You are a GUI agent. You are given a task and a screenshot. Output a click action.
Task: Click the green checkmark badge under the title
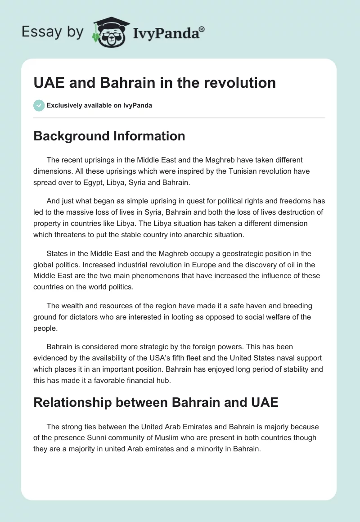[39, 105]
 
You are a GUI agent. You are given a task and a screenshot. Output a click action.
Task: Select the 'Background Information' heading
[109, 136]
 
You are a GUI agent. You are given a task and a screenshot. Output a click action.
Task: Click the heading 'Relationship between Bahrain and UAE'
[156, 402]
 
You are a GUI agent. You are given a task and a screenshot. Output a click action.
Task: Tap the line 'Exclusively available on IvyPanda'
[99, 106]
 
